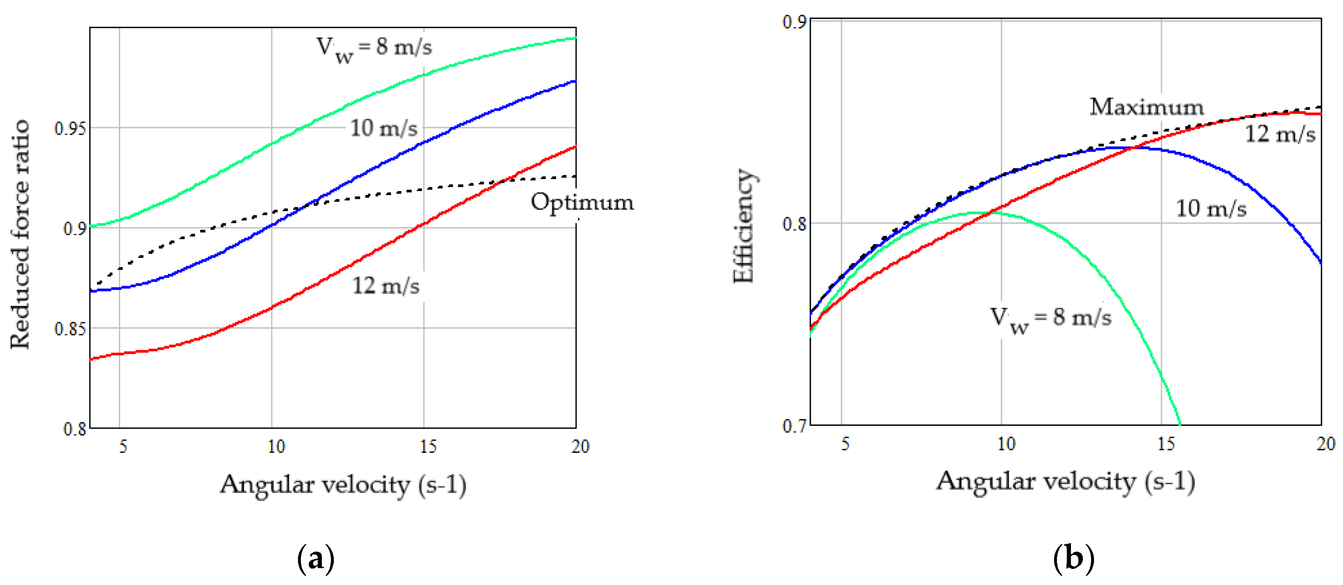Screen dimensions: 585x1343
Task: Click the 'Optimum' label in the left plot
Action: (x=582, y=202)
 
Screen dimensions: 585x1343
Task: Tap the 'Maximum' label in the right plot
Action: (x=1146, y=107)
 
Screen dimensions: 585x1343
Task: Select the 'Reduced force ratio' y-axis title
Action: (x=20, y=234)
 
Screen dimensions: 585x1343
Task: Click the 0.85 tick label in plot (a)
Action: (x=70, y=329)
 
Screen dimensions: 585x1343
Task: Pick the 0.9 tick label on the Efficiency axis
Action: (x=794, y=22)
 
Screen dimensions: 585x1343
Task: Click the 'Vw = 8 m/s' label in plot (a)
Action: (x=374, y=49)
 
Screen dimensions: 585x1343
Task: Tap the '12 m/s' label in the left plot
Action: (x=386, y=286)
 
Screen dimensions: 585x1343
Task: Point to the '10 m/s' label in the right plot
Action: (x=1210, y=209)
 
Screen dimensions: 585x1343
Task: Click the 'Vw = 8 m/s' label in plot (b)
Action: (x=1050, y=319)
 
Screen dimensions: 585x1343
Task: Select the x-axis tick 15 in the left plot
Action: (x=428, y=446)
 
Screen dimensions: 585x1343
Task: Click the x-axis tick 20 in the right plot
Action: (x=1325, y=444)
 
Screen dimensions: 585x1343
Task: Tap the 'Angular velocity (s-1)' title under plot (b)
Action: (x=1066, y=481)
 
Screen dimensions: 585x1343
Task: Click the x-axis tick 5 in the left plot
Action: (x=123, y=446)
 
